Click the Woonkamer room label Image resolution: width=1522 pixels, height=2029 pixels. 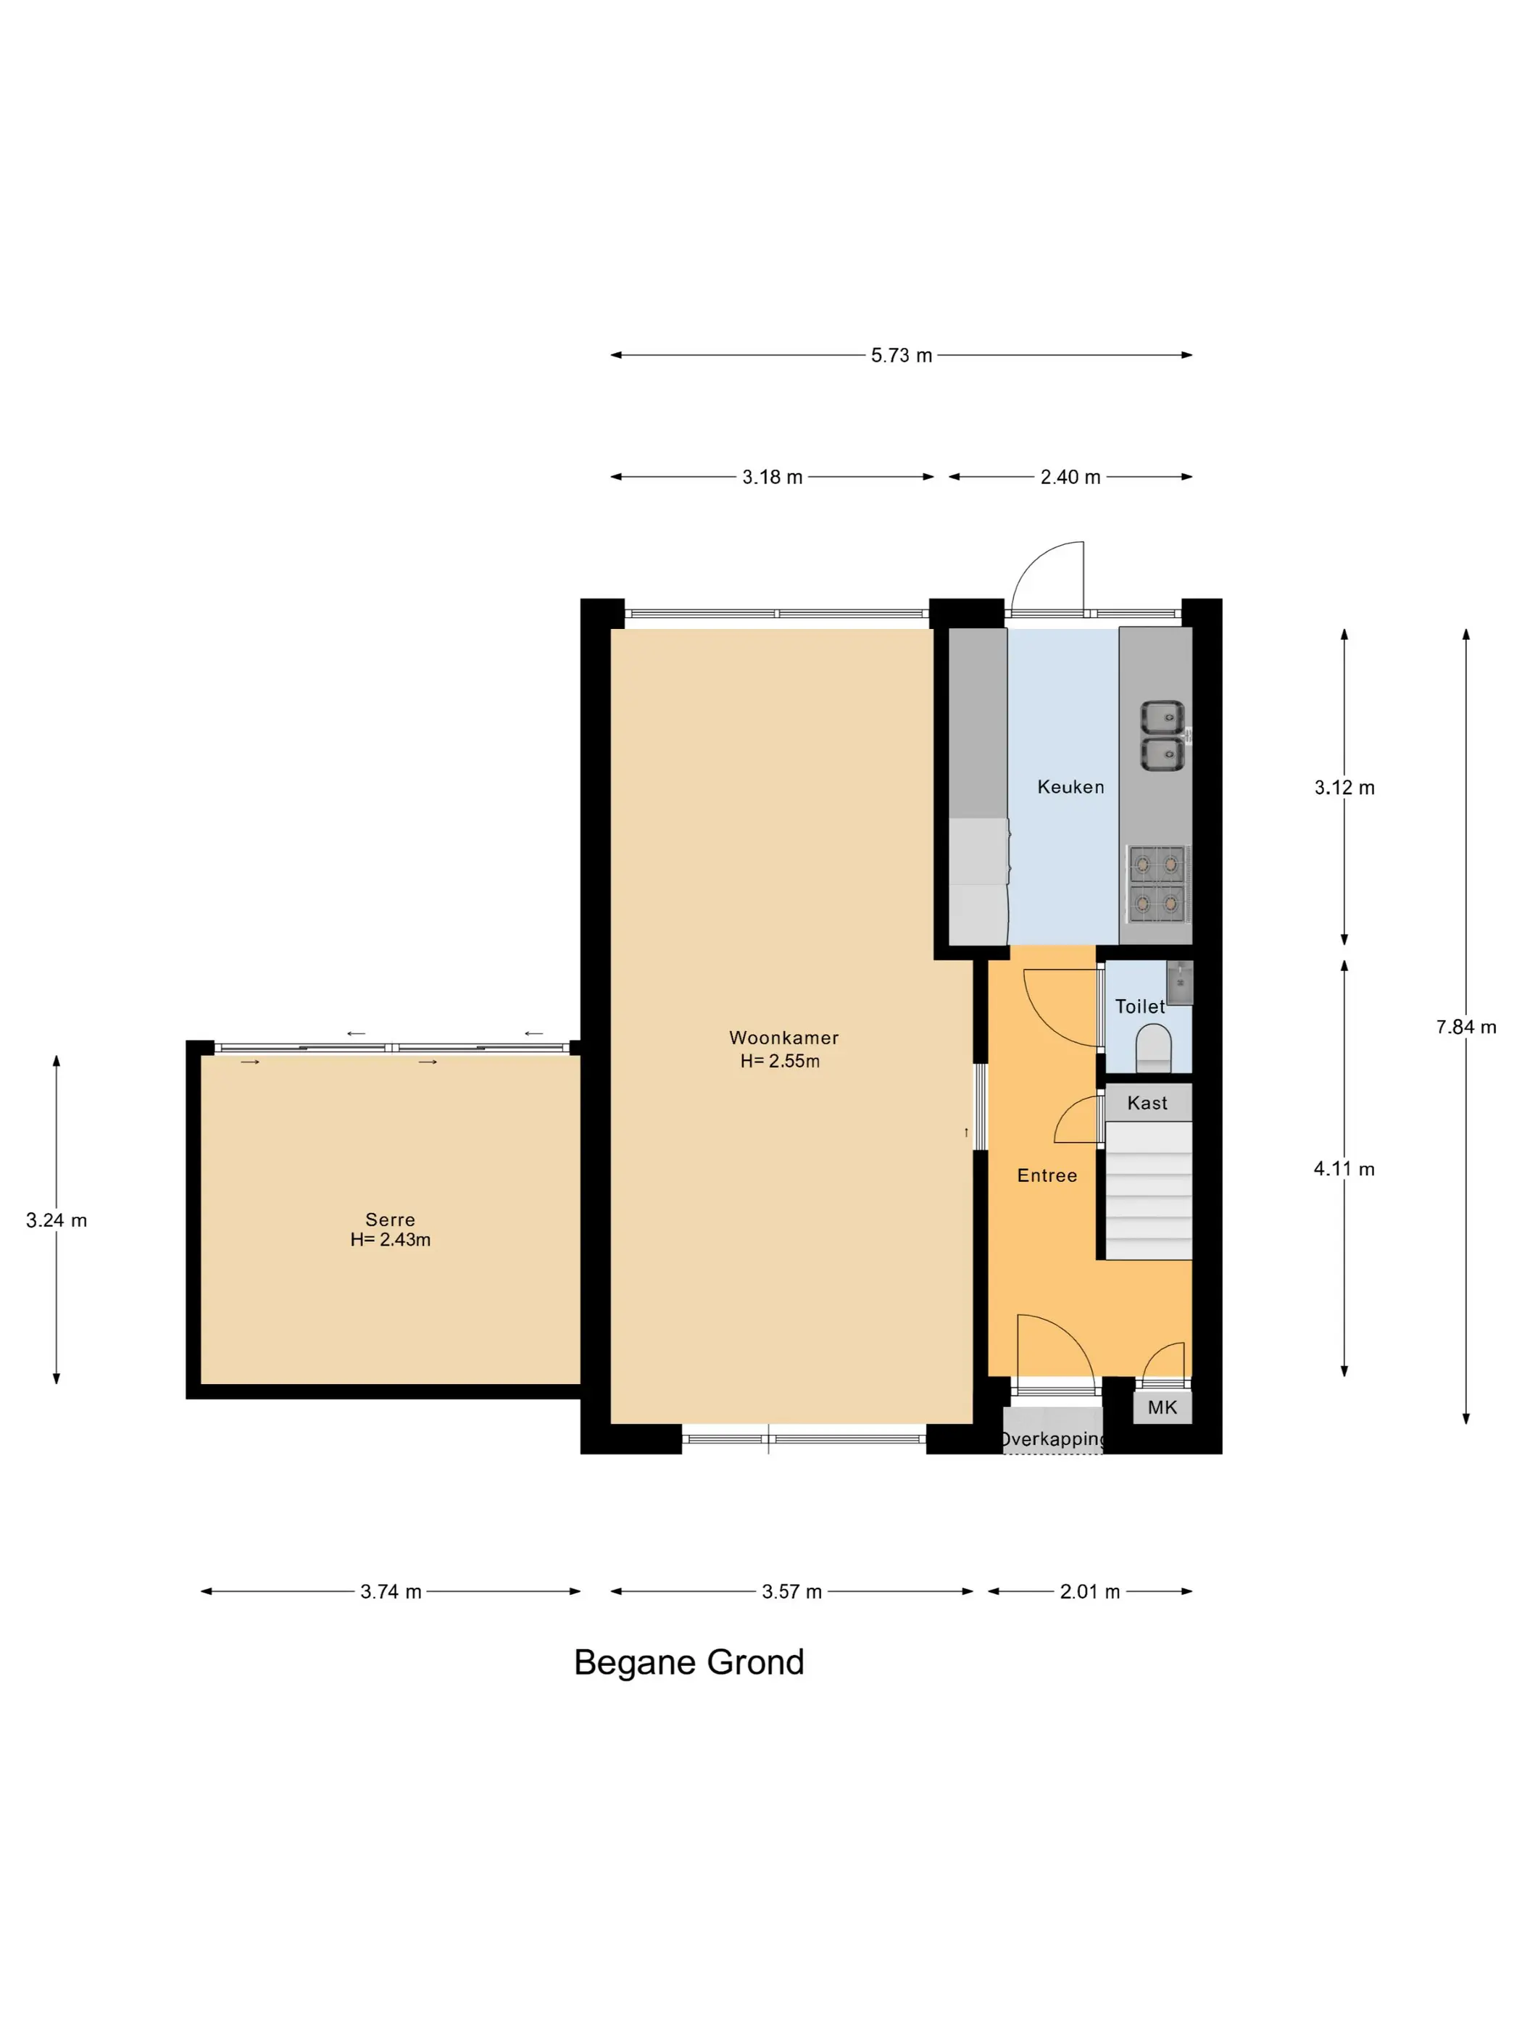coord(783,1038)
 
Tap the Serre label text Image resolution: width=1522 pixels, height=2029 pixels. coord(390,1219)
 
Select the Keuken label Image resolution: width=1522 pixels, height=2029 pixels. coord(1070,786)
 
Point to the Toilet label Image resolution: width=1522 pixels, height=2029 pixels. coord(1139,1007)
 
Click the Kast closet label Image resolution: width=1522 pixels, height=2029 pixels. coord(1147,1103)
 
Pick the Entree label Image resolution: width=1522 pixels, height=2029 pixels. coord(1047,1175)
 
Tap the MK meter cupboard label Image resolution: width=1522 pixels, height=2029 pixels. coord(1162,1407)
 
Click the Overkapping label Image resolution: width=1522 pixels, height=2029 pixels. coord(1053,1438)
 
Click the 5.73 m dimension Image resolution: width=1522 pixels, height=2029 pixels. coord(901,355)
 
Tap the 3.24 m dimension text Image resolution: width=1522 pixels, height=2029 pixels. coord(57,1220)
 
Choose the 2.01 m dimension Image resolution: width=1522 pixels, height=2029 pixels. coord(1090,1591)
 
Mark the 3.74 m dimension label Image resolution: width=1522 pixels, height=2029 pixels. coord(391,1591)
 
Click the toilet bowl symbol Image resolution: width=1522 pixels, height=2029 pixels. coord(1154,1049)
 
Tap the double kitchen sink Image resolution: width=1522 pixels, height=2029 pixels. coord(1163,736)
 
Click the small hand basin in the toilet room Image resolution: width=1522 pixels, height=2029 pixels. coord(1180,981)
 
